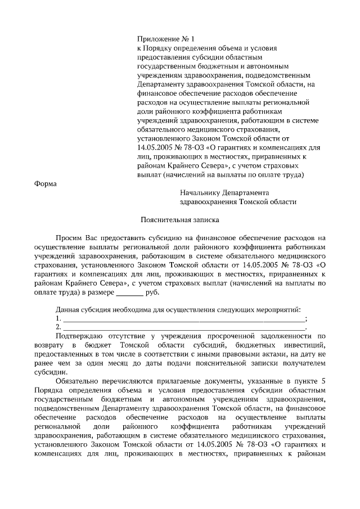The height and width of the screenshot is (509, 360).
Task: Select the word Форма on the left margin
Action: pos(46,183)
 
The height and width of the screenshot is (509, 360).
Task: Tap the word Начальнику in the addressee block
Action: pos(199,192)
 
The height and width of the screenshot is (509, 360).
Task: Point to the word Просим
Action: pos(67,238)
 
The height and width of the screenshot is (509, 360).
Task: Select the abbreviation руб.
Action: pos(152,292)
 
